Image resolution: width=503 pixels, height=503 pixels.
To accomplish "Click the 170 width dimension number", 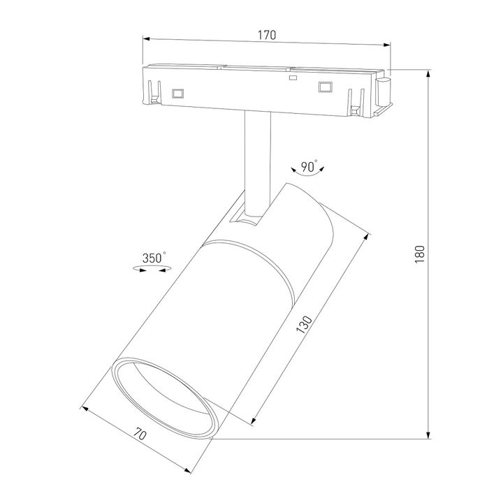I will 268,34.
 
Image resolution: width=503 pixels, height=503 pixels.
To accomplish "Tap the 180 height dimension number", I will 420,254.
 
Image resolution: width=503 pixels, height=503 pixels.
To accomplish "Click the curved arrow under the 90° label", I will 308,178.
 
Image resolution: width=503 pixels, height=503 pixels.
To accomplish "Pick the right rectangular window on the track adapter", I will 324,87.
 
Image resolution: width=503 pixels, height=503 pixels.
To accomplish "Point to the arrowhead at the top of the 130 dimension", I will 365,238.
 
